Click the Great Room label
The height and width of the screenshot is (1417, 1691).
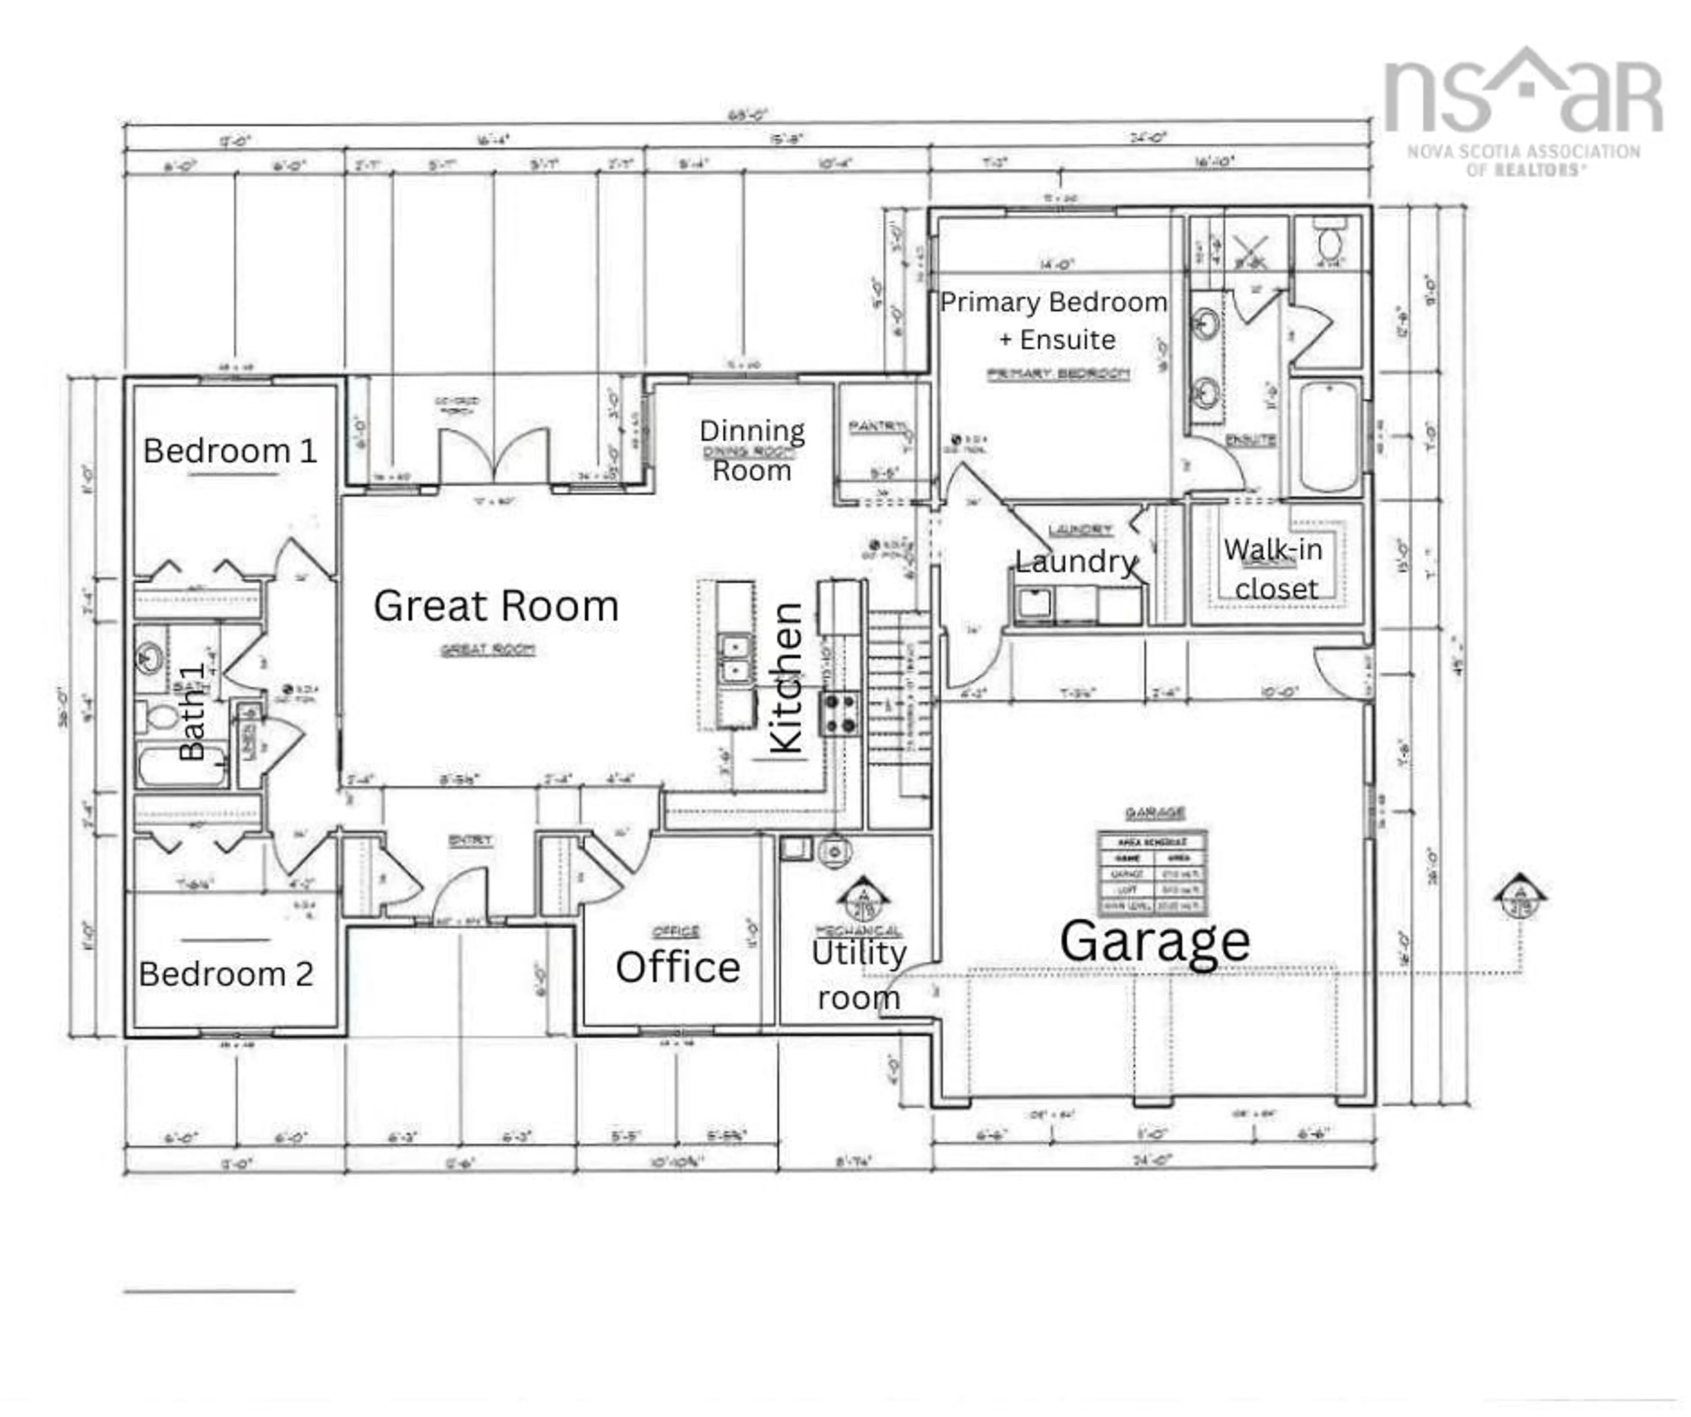[x=496, y=605]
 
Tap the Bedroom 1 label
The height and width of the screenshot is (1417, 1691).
[x=230, y=451]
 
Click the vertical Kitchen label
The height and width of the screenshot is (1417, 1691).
[x=787, y=678]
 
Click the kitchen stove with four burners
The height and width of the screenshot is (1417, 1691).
[x=839, y=713]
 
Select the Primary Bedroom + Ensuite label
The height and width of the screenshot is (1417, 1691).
[x=1053, y=320]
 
